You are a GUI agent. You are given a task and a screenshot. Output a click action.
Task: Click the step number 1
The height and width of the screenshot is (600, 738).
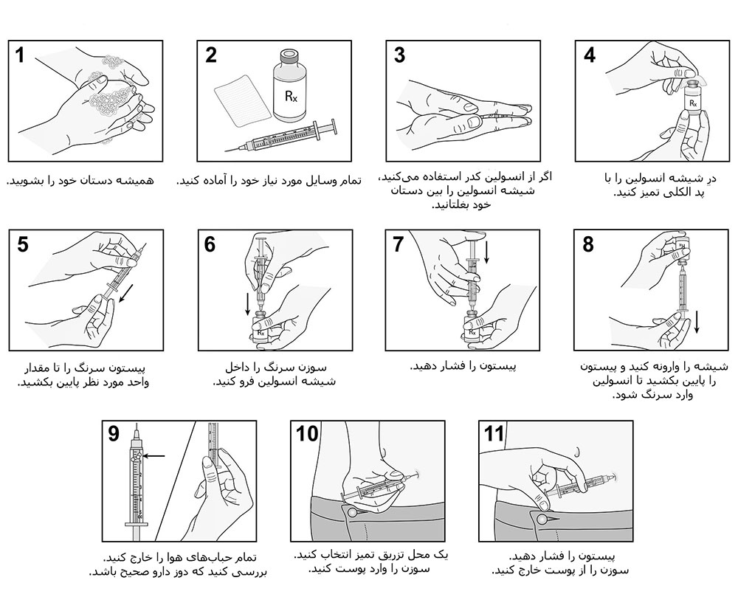pos(20,55)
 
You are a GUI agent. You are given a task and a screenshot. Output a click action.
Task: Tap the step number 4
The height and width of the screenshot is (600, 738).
pos(589,55)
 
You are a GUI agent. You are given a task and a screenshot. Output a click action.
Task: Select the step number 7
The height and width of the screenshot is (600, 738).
pos(399,245)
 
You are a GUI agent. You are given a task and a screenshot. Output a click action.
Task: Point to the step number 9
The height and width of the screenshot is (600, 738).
pos(114,434)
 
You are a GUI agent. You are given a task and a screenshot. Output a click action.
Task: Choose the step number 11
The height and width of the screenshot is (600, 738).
pos(494,434)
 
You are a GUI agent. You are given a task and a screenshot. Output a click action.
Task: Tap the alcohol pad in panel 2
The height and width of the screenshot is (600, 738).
pos(242,100)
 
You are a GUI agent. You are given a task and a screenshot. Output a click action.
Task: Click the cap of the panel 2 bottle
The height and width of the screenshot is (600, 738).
pos(289,57)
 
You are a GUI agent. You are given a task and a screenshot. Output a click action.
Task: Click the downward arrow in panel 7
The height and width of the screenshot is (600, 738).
pos(486,252)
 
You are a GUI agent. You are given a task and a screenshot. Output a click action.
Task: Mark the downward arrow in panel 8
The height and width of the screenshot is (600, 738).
pos(697,322)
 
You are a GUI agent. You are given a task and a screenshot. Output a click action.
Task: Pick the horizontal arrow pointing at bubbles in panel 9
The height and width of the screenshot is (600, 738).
pos(154,455)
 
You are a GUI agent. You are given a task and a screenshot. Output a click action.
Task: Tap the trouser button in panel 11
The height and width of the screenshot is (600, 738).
pos(542,519)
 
